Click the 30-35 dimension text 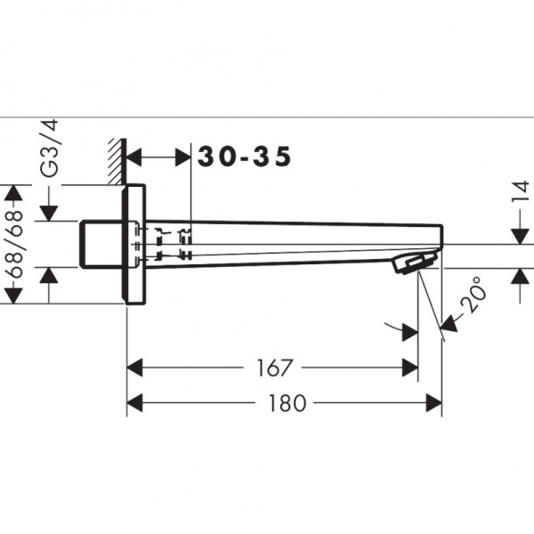244,158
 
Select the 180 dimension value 287,404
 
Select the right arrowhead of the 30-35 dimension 184,158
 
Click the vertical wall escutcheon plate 134,245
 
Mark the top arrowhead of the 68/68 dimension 13,193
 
